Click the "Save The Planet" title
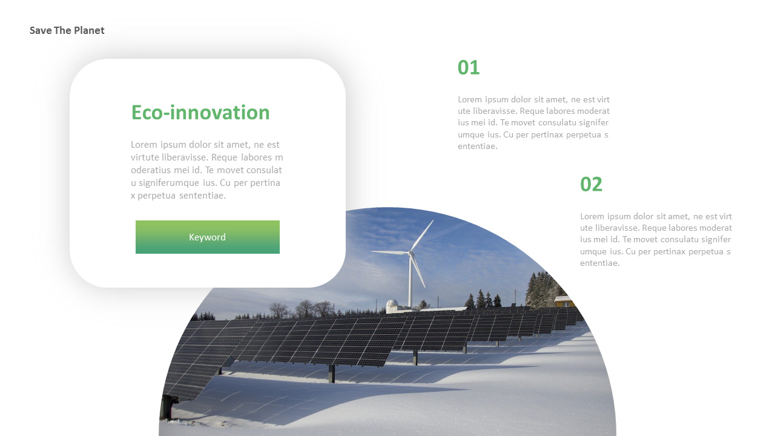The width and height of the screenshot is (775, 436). point(67,30)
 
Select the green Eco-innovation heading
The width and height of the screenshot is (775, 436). point(200,112)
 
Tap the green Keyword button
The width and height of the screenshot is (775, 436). point(207,237)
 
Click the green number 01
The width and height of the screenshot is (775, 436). point(469,67)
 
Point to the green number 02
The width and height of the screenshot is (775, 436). point(591,184)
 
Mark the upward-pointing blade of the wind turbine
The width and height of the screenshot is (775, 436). point(422,236)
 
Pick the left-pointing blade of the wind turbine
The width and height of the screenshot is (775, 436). point(390,252)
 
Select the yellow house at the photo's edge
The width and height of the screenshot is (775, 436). point(564,301)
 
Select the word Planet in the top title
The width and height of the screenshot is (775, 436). point(89,30)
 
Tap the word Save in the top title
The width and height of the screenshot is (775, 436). point(41,30)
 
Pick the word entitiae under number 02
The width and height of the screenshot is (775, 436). point(599,263)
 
